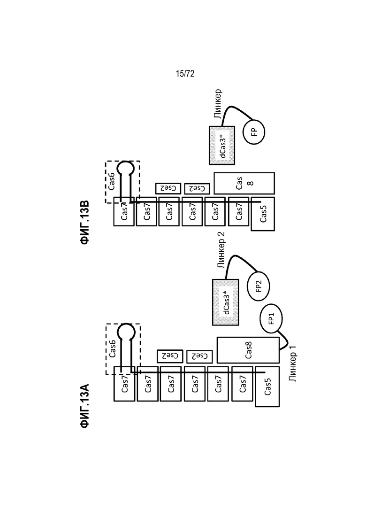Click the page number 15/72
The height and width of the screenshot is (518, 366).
tap(185, 74)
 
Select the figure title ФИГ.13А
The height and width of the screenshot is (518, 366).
tap(85, 406)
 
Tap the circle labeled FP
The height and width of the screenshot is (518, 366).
tap(254, 132)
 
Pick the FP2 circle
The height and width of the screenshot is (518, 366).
tap(259, 286)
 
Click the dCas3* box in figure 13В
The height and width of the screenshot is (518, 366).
tap(222, 146)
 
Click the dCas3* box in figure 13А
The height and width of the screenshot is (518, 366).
tap(225, 302)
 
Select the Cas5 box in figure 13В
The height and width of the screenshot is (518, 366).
tap(263, 214)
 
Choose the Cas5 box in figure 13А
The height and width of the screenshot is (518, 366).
tap(267, 387)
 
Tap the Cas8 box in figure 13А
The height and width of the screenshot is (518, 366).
tap(248, 350)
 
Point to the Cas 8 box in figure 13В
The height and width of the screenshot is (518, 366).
tap(244, 183)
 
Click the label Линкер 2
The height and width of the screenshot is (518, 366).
tap(221, 250)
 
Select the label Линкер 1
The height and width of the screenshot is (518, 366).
tap(292, 363)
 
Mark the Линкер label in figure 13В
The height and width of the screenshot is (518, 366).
tap(217, 104)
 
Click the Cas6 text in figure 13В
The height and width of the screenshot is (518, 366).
tap(112, 181)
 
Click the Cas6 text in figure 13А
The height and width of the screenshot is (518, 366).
tap(112, 348)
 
